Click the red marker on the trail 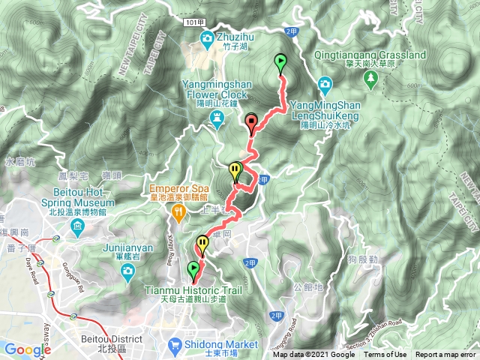tap(250, 122)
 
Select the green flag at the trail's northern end tap(281, 64)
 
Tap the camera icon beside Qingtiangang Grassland tap(325, 83)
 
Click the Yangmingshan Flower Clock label tap(217, 90)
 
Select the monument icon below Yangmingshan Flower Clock tap(217, 117)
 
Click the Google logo tap(28, 350)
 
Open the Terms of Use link tap(385, 355)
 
